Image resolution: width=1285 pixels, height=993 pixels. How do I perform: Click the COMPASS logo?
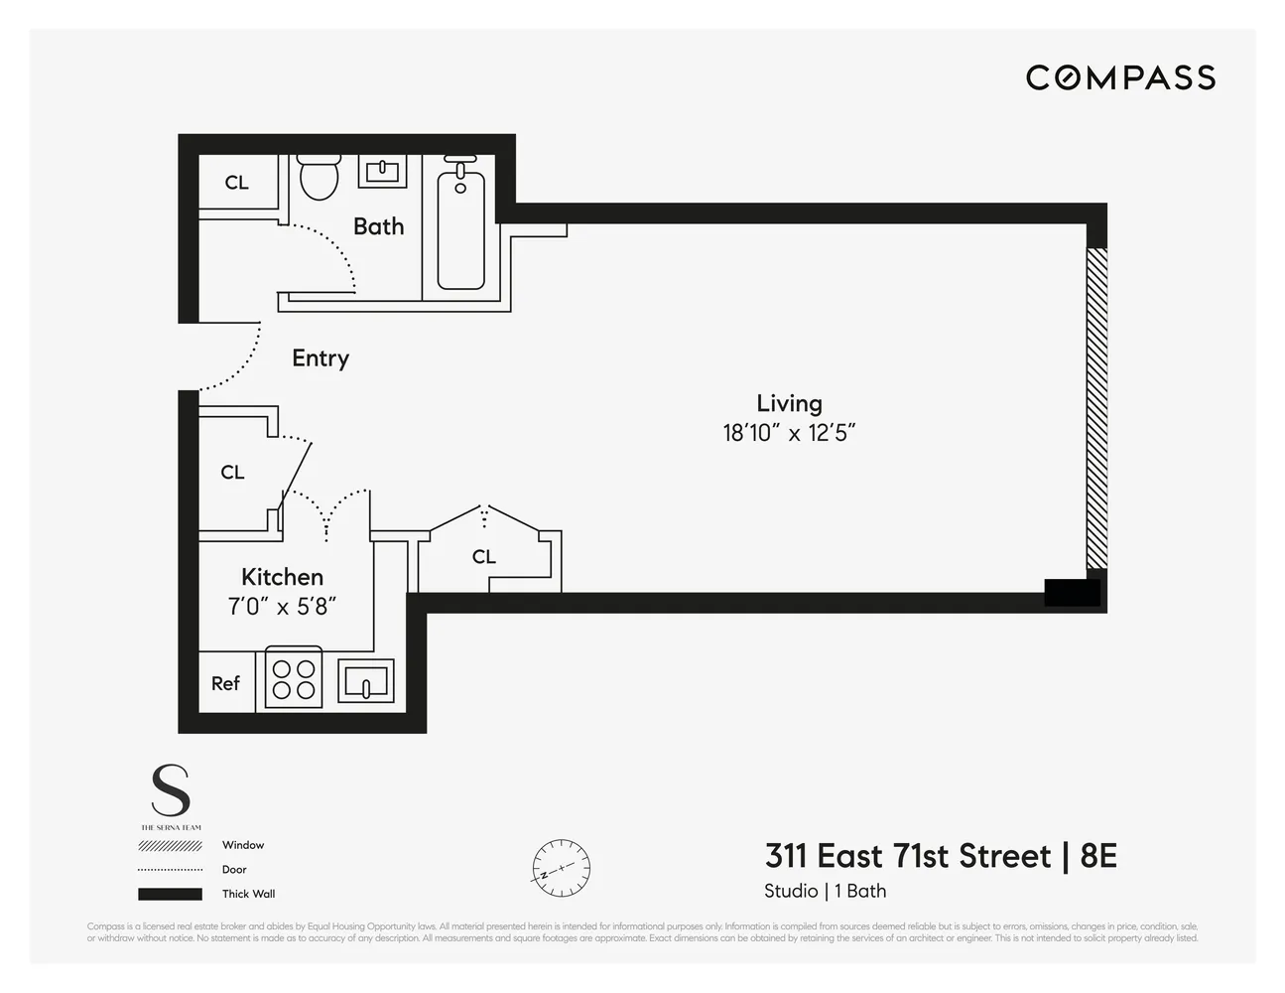click(x=1120, y=77)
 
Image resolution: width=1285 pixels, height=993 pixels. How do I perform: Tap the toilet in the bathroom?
click(x=319, y=178)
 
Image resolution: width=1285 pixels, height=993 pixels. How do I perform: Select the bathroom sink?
click(x=381, y=171)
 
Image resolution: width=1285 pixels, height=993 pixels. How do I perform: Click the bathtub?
click(x=461, y=229)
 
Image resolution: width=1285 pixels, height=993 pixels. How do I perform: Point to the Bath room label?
click(x=378, y=226)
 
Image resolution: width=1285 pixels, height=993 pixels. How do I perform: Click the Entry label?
click(x=321, y=358)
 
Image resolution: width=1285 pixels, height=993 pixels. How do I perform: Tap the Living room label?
click(x=789, y=403)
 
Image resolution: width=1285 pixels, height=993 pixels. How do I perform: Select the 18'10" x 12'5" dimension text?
click(x=789, y=433)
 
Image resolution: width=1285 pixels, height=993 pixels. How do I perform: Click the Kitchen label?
click(x=282, y=577)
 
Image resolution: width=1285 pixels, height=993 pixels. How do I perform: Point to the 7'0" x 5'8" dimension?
click(x=282, y=606)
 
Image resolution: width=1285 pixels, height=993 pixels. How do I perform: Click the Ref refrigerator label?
click(x=225, y=683)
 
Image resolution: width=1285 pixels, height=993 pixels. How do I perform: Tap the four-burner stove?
click(x=294, y=679)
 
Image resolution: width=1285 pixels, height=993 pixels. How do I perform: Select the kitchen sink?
click(x=366, y=681)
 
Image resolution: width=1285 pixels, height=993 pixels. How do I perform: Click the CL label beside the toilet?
click(x=236, y=183)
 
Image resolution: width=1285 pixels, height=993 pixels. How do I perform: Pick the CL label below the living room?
click(x=483, y=557)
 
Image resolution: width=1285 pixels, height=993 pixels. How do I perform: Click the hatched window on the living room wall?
click(x=1095, y=407)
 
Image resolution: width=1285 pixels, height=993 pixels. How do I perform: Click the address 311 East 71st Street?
click(x=907, y=856)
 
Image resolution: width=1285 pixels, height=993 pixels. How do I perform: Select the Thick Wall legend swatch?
click(x=170, y=894)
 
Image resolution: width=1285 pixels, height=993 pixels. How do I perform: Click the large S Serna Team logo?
click(x=170, y=791)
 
